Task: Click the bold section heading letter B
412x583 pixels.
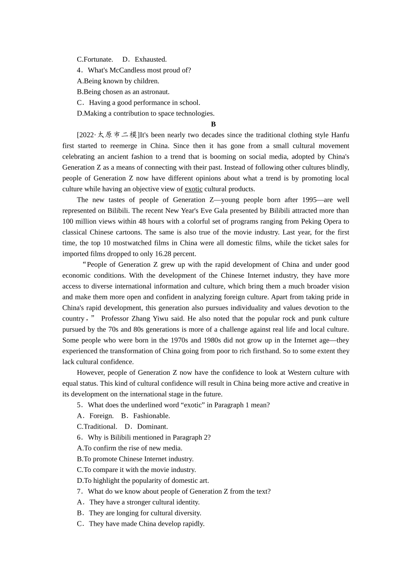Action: [x=213, y=124]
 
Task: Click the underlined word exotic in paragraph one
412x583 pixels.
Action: [x=193, y=189]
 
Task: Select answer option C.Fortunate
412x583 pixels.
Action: [x=95, y=59]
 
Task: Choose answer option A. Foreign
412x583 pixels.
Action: [x=95, y=416]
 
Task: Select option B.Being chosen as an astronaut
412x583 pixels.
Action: [x=123, y=92]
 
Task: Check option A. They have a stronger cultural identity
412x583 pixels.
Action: [x=138, y=502]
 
